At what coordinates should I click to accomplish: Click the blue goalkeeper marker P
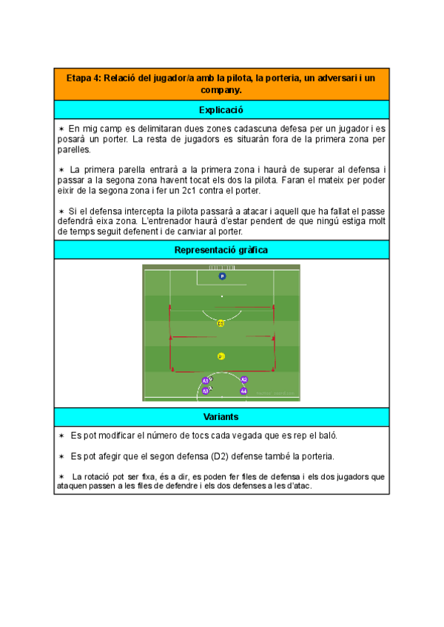point(222,276)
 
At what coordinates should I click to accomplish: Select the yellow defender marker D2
point(221,323)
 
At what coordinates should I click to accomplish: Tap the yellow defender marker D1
point(221,356)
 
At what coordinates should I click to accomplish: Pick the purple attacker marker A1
point(206,381)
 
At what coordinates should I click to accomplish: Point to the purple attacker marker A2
point(244,379)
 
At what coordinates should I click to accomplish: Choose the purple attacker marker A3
point(206,390)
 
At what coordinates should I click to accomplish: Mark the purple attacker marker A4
point(243,390)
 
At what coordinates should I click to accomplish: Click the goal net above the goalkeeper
point(221,267)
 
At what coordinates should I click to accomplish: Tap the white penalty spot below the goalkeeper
point(221,296)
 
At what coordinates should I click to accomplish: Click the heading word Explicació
point(221,110)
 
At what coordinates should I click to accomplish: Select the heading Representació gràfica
point(221,250)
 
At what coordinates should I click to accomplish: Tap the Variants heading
point(221,417)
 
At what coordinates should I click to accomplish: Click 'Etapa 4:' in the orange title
point(84,78)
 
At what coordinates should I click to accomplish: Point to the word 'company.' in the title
point(221,90)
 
